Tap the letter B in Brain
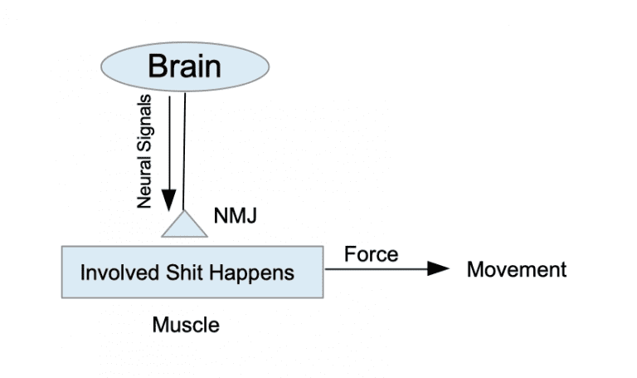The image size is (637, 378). (158, 65)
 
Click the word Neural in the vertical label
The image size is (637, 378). (145, 184)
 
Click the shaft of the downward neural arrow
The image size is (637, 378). (169, 141)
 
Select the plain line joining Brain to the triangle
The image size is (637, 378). (184, 150)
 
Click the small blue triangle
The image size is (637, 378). (184, 227)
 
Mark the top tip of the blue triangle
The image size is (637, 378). (184, 211)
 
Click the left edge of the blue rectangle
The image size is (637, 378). (62, 272)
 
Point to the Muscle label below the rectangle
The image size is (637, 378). (186, 325)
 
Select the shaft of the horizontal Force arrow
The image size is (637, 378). (373, 268)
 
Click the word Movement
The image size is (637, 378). (516, 269)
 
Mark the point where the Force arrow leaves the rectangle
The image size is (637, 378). (323, 268)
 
